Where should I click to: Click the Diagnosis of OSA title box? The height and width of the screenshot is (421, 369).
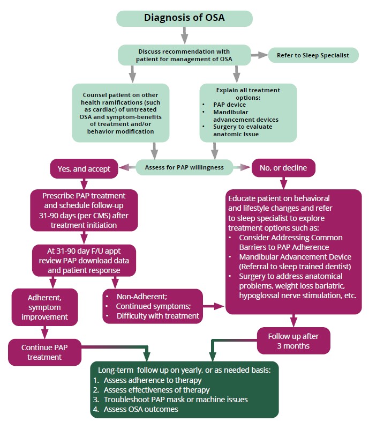point(184,17)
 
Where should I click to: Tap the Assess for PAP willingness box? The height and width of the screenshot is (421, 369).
point(184,168)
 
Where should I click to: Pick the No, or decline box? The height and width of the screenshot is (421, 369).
point(283,168)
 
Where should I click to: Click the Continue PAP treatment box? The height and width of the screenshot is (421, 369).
point(45,352)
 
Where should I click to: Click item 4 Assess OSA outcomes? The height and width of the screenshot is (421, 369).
point(141,409)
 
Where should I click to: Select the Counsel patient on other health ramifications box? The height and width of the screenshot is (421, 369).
point(121,112)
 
